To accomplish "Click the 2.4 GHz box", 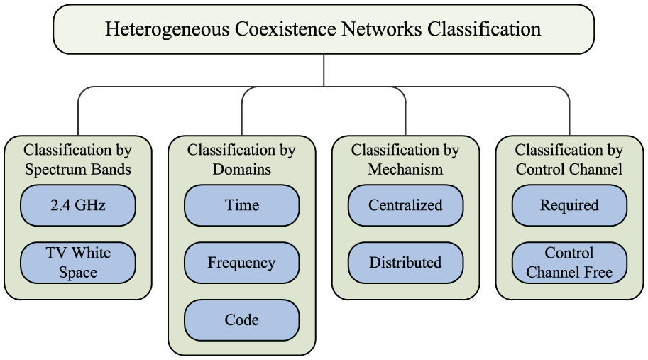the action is click(77, 205).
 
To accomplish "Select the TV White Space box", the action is click(77, 263).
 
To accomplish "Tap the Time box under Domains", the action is click(242, 205).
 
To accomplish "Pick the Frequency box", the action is click(242, 263).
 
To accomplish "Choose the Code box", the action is click(242, 320).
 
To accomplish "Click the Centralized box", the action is click(405, 205).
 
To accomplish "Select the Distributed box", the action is click(405, 263).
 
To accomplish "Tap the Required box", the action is click(569, 205).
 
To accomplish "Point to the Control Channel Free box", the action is click(569, 263).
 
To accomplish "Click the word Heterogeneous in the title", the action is click(168, 30).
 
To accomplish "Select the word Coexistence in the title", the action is click(286, 29).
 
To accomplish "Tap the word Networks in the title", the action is click(382, 29).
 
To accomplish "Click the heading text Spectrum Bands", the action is click(77, 170).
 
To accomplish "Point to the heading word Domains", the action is click(242, 169).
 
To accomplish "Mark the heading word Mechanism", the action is click(405, 169).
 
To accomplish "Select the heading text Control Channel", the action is click(569, 169).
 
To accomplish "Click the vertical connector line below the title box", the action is click(324, 70).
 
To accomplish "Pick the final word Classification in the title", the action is click(484, 29).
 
